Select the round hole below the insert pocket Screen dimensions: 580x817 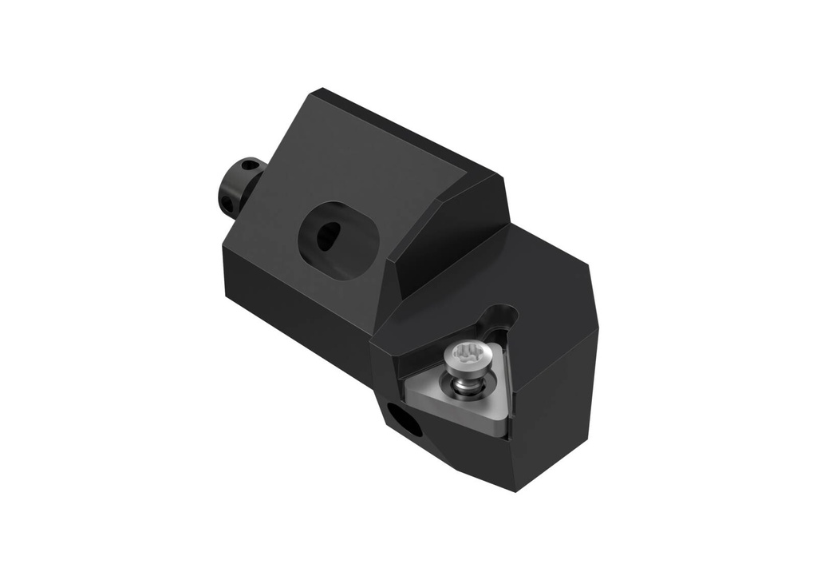click(x=405, y=420)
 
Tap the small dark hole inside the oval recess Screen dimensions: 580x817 click(x=328, y=236)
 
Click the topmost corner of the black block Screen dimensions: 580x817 click(x=320, y=90)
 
